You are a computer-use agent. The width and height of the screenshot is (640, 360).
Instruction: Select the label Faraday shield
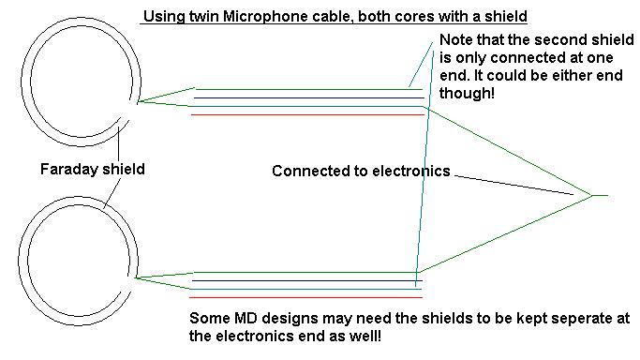[x=92, y=169]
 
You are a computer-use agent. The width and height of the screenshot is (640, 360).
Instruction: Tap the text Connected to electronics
[x=361, y=171]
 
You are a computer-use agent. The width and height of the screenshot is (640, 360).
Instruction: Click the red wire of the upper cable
[x=307, y=115]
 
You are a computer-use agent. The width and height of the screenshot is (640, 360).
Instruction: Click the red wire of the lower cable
[x=306, y=297]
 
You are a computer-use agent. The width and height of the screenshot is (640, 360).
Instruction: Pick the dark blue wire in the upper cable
[x=309, y=97]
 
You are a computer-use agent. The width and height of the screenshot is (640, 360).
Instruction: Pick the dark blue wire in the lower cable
[x=307, y=281]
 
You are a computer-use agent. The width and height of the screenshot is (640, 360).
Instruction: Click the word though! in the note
[x=467, y=93]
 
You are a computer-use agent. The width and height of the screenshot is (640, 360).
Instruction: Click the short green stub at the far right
[x=600, y=196]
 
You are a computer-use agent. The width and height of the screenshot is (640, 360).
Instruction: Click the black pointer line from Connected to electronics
[x=514, y=186]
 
